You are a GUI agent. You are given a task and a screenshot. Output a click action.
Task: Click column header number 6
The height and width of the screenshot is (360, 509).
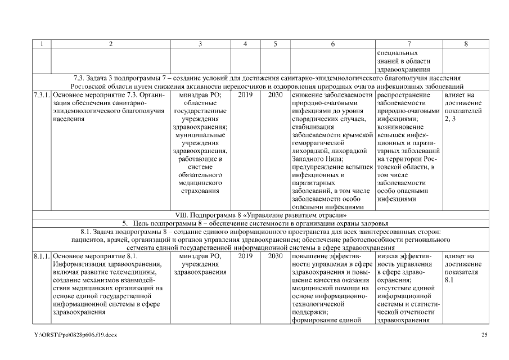tap(332, 44)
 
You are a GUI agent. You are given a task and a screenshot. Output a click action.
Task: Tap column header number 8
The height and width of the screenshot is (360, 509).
tap(465, 44)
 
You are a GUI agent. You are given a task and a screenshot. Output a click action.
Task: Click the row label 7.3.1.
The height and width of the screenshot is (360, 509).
tap(42, 95)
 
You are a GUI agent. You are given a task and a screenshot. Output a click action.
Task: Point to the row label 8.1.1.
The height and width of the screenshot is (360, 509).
tap(42, 256)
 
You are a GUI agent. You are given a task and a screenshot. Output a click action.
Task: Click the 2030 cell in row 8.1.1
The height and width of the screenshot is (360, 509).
tap(275, 256)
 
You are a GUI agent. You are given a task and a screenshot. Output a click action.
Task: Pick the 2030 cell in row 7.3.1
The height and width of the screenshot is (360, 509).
tap(275, 95)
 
